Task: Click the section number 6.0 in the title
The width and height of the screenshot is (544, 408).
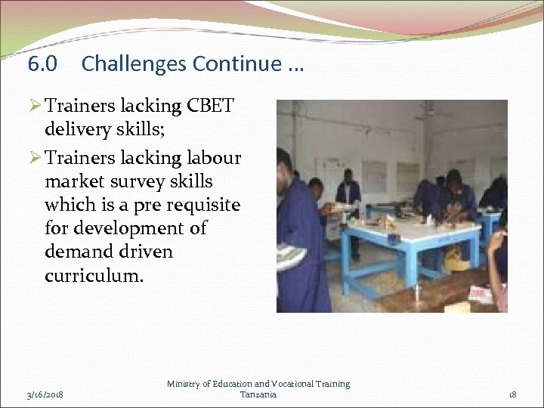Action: [42, 64]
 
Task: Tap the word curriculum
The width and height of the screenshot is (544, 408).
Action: [93, 275]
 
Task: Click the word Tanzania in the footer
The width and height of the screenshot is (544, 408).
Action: [258, 394]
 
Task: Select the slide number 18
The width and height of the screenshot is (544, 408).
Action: [512, 394]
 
